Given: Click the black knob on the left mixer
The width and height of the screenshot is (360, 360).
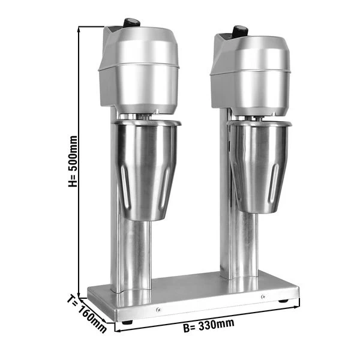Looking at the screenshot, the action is point(131,23).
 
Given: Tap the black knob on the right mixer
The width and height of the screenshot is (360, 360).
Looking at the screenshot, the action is point(241,31).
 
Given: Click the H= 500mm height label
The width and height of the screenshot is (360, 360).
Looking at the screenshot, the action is point(73,161).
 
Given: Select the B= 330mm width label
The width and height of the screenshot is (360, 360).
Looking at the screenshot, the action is point(208,325).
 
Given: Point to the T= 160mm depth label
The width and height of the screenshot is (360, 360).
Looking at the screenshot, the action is point(87,314).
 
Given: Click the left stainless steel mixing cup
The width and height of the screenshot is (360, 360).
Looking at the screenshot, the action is point(147,170).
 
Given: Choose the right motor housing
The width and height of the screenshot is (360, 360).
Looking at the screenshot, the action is point(251,74).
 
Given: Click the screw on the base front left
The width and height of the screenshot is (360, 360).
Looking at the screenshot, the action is point(158,310).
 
